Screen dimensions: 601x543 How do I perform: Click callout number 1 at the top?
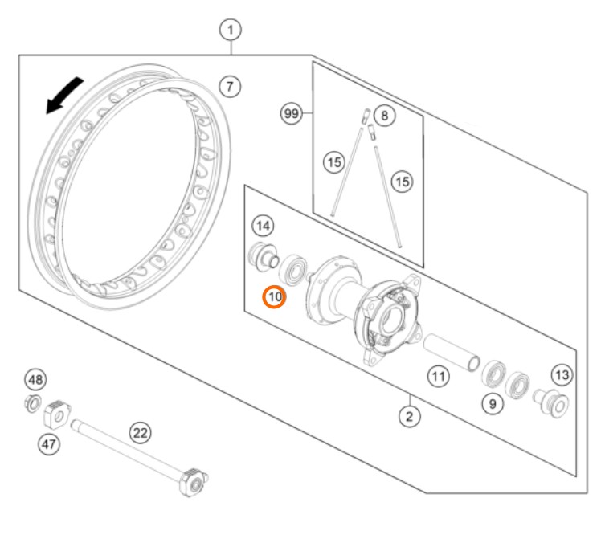(x=231, y=30)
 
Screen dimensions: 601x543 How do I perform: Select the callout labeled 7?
(x=230, y=86)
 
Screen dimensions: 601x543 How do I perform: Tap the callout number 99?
(x=292, y=113)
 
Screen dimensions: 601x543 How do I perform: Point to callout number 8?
(x=384, y=116)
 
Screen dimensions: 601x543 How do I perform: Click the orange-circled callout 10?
(x=275, y=297)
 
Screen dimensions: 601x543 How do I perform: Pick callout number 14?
(x=263, y=226)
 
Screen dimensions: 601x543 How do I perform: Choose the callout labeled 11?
(x=439, y=376)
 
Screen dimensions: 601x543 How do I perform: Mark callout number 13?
(x=562, y=375)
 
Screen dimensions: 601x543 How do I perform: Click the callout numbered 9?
(x=493, y=403)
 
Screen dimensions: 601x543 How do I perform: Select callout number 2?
(x=409, y=416)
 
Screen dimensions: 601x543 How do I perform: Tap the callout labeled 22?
(x=141, y=433)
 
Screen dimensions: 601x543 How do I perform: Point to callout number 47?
(x=49, y=444)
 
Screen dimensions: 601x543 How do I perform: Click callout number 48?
(x=35, y=380)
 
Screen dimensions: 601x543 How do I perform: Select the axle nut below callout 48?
(x=33, y=403)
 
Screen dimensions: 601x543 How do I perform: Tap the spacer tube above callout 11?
(x=452, y=353)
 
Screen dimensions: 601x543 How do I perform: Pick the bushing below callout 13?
(x=551, y=402)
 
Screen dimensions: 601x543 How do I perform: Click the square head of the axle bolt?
(x=194, y=483)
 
